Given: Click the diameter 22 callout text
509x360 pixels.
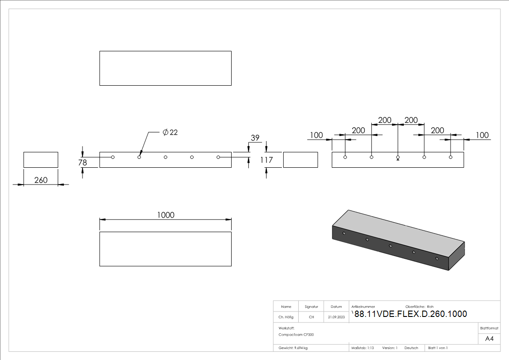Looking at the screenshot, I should (x=170, y=132).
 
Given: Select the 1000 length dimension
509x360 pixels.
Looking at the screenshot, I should (x=165, y=215).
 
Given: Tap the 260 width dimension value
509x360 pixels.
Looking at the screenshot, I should (x=41, y=180).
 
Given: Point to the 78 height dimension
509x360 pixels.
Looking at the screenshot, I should (x=82, y=162).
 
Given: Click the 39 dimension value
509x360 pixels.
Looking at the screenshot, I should (x=255, y=138).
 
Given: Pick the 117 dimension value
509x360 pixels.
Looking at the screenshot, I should (x=267, y=160).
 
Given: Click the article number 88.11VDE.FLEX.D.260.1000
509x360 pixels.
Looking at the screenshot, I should (x=410, y=314).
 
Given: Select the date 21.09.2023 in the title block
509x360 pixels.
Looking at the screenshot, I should (x=336, y=317).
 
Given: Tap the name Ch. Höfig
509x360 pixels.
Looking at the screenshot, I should (x=286, y=317).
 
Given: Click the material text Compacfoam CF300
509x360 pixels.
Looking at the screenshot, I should (x=296, y=335).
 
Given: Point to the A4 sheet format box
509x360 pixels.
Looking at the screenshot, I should (x=489, y=339).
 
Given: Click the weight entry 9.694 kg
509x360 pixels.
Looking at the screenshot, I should (x=293, y=348).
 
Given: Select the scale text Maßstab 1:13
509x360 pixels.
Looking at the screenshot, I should (x=363, y=348).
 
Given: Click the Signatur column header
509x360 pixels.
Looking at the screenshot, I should (x=311, y=306).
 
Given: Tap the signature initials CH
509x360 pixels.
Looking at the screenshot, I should (x=311, y=317).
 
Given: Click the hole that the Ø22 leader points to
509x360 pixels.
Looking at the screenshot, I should (x=139, y=157).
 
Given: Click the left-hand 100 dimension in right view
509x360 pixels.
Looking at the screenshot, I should (x=316, y=135).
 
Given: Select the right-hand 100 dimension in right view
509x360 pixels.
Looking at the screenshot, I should (x=482, y=135).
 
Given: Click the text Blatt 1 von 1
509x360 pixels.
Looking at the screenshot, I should (x=438, y=348).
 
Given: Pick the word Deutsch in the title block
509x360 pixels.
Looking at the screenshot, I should (x=411, y=348).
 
